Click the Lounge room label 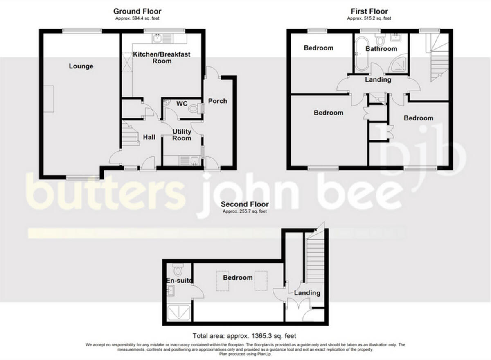pos(81,66)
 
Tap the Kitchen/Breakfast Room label pos(162,58)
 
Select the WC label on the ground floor pos(181,103)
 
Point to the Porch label pos(217,101)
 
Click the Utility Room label pos(182,135)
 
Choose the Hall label pos(149,137)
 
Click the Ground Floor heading pos(137,11)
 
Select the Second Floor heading pos(245,204)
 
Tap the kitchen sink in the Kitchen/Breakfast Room pos(158,39)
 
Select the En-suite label pos(179,281)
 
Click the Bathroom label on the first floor pos(381,49)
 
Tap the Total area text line pos(244,336)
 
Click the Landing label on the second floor pos(307,293)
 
